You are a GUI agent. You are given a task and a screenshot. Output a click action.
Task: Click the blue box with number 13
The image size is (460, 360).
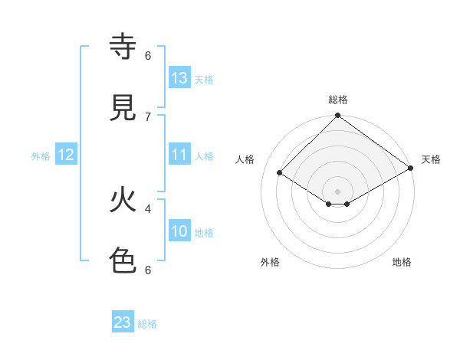[179, 78]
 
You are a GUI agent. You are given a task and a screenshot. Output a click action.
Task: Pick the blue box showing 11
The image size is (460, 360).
[179, 155]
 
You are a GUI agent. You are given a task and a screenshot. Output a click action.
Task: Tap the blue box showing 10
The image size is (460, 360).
[179, 231]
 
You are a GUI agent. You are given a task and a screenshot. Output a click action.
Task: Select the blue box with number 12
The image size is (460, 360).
[66, 155]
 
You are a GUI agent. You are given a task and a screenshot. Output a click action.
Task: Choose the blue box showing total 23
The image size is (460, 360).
[123, 322]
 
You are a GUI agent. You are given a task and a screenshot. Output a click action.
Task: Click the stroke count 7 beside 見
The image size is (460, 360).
[148, 116]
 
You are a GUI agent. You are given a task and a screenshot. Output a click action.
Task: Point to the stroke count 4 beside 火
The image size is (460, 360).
[148, 208]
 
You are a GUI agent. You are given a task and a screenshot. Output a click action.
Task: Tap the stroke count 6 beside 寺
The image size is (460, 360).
[148, 55]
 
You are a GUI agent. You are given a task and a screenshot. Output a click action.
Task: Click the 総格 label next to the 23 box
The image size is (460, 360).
[147, 324]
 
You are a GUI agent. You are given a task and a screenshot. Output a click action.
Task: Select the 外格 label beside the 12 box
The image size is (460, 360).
[41, 156]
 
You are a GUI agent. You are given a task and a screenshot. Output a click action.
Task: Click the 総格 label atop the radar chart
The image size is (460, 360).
[338, 100]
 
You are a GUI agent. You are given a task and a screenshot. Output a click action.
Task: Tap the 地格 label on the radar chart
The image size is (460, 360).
[402, 263]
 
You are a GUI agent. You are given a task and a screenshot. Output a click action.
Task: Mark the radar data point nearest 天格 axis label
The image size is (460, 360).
[410, 169]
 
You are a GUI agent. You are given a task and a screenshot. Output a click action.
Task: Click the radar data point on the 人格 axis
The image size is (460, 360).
[280, 173]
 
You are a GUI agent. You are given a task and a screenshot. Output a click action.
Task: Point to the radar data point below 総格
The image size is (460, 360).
[337, 116]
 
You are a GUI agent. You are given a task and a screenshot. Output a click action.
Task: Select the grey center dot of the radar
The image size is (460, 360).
[337, 191]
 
